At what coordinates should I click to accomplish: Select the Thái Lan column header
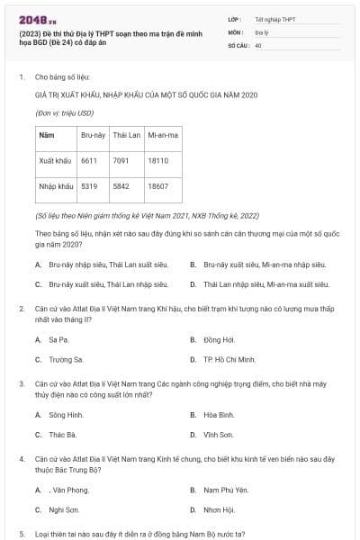(x=125, y=135)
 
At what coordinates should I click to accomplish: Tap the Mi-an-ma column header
(x=163, y=135)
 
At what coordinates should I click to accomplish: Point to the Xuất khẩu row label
(x=56, y=161)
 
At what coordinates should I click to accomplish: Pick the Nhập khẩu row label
(x=56, y=186)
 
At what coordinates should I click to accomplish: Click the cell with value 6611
(x=89, y=161)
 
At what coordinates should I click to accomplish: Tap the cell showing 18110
(x=157, y=161)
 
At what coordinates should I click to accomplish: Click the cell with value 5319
(x=89, y=186)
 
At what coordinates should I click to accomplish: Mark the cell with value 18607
(x=157, y=186)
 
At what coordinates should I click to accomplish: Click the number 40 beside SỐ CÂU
(x=258, y=43)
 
